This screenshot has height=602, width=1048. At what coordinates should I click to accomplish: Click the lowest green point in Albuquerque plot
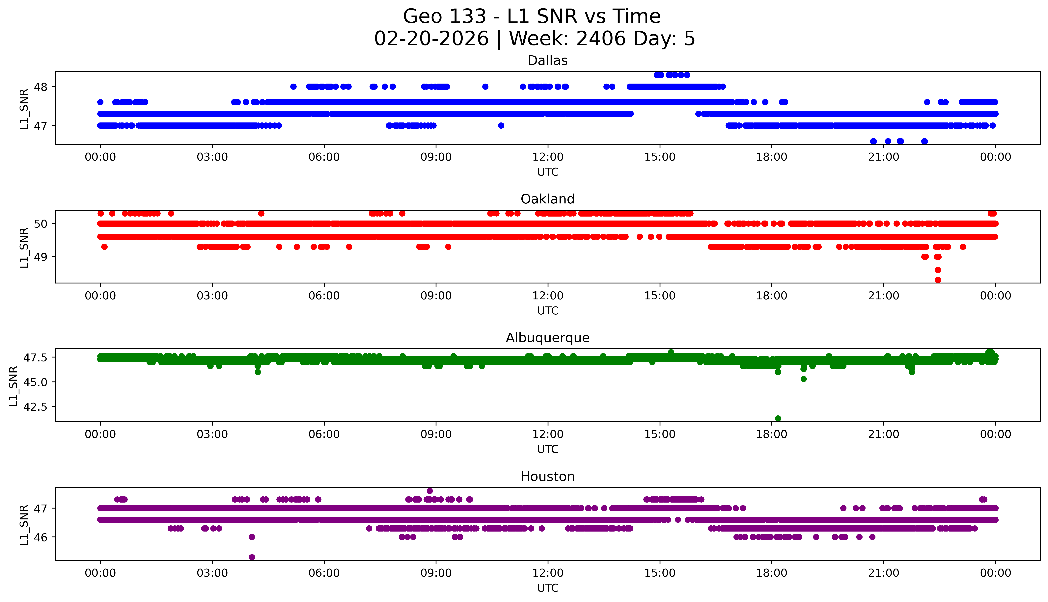(778, 418)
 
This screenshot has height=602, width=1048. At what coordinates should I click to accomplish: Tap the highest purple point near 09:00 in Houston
(430, 491)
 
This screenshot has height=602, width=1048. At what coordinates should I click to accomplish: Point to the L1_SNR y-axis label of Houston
(24, 524)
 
